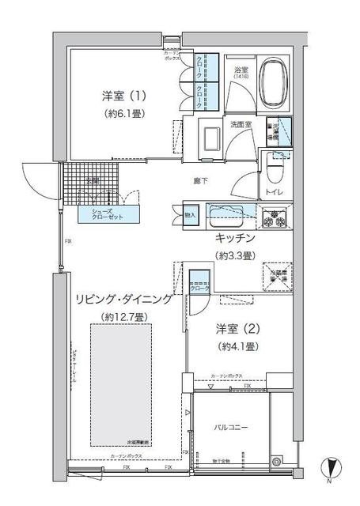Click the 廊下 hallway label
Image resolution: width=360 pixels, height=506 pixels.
[x=202, y=180]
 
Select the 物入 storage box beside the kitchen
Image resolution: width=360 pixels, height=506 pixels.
[x=190, y=213]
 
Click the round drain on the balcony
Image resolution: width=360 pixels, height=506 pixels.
[x=277, y=461]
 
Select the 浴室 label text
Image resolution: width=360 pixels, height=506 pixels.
[x=241, y=70]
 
